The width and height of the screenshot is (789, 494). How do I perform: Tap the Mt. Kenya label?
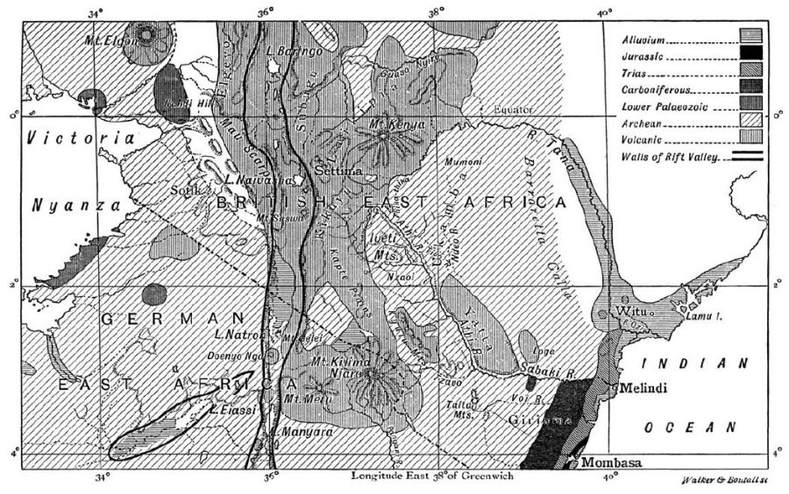point(397,123)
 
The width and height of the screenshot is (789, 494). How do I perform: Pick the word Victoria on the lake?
point(81,138)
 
